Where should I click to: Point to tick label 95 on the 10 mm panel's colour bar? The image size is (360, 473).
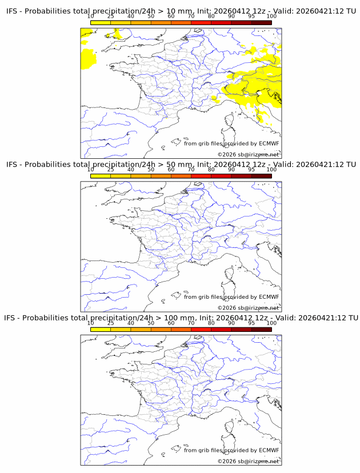[251, 17]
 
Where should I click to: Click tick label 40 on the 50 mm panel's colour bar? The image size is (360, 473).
[131, 170]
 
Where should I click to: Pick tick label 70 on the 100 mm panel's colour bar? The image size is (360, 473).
[191, 323]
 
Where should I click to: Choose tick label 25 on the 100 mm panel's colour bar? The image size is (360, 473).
[111, 323]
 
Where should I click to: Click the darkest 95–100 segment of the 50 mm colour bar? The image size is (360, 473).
[261, 176]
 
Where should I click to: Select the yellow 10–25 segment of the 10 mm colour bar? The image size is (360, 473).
[101, 23]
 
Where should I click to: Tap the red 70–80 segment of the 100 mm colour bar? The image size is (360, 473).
[201, 329]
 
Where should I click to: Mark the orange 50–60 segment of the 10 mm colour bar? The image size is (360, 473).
[161, 23]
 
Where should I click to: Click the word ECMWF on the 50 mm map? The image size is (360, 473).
[269, 297]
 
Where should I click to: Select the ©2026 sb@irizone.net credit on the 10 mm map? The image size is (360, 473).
[248, 155]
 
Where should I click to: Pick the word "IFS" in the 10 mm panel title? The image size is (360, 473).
[12, 11]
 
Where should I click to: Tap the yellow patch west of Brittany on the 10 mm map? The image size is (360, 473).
[89, 58]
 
